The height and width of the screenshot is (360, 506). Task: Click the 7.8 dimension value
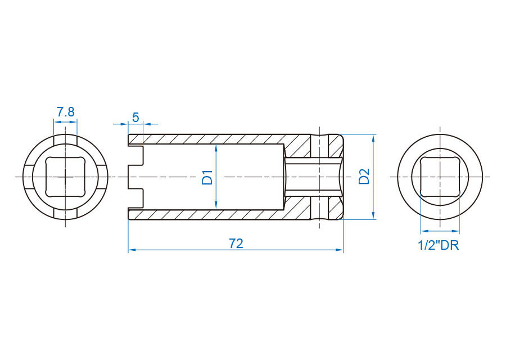pyautogui.click(x=66, y=112)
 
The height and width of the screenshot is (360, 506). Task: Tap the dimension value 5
pyautogui.click(x=135, y=118)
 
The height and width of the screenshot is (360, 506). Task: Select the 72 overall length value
pyautogui.click(x=236, y=244)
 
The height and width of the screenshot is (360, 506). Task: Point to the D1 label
pyautogui.click(x=207, y=177)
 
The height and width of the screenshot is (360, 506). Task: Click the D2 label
pyautogui.click(x=364, y=176)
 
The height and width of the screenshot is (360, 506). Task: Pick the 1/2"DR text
pyautogui.click(x=438, y=245)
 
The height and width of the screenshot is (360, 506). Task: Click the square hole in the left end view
pyautogui.click(x=66, y=177)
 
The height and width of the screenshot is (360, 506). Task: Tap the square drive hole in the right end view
pyautogui.click(x=440, y=177)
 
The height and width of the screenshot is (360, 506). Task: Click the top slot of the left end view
pyautogui.click(x=66, y=140)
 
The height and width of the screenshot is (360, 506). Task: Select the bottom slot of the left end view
pyautogui.click(x=66, y=214)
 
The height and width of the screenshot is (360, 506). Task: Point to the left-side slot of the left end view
pyautogui.click(x=29, y=177)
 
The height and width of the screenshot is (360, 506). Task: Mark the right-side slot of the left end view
pyautogui.click(x=102, y=177)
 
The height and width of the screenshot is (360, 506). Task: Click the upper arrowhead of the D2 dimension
pyautogui.click(x=373, y=138)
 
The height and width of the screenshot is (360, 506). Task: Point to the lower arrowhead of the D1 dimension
pyautogui.click(x=216, y=205)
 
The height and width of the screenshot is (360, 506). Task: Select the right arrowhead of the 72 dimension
pyautogui.click(x=339, y=250)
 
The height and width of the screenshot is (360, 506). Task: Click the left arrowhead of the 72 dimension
pyautogui.click(x=132, y=250)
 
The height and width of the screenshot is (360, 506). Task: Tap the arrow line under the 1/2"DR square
pyautogui.click(x=440, y=231)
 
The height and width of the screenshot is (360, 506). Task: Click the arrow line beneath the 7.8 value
pyautogui.click(x=66, y=122)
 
